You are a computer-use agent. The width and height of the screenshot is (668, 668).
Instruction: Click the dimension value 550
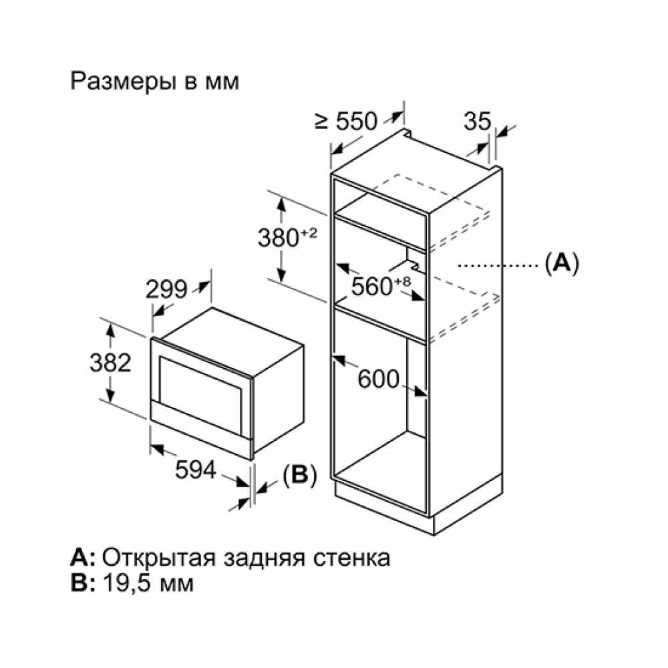pos(357,121)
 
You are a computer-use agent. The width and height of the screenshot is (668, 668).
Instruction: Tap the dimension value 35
pos(477,121)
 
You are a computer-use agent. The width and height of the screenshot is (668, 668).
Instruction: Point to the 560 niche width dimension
pos(371,286)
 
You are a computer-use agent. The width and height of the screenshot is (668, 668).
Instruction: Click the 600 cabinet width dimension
pos(378,379)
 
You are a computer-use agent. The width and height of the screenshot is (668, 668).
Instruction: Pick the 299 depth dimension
pos(166,289)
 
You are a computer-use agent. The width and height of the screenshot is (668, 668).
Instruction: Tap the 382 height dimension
pos(110,363)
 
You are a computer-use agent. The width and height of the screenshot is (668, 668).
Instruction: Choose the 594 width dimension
pos(196,470)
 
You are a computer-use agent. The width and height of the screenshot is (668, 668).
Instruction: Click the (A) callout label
pos(562,263)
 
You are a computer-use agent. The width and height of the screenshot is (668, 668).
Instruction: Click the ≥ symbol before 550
pos(322,122)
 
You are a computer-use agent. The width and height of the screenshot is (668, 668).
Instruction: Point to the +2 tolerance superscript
pos(309,232)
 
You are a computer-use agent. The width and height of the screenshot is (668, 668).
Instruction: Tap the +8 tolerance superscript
pos(402,281)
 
